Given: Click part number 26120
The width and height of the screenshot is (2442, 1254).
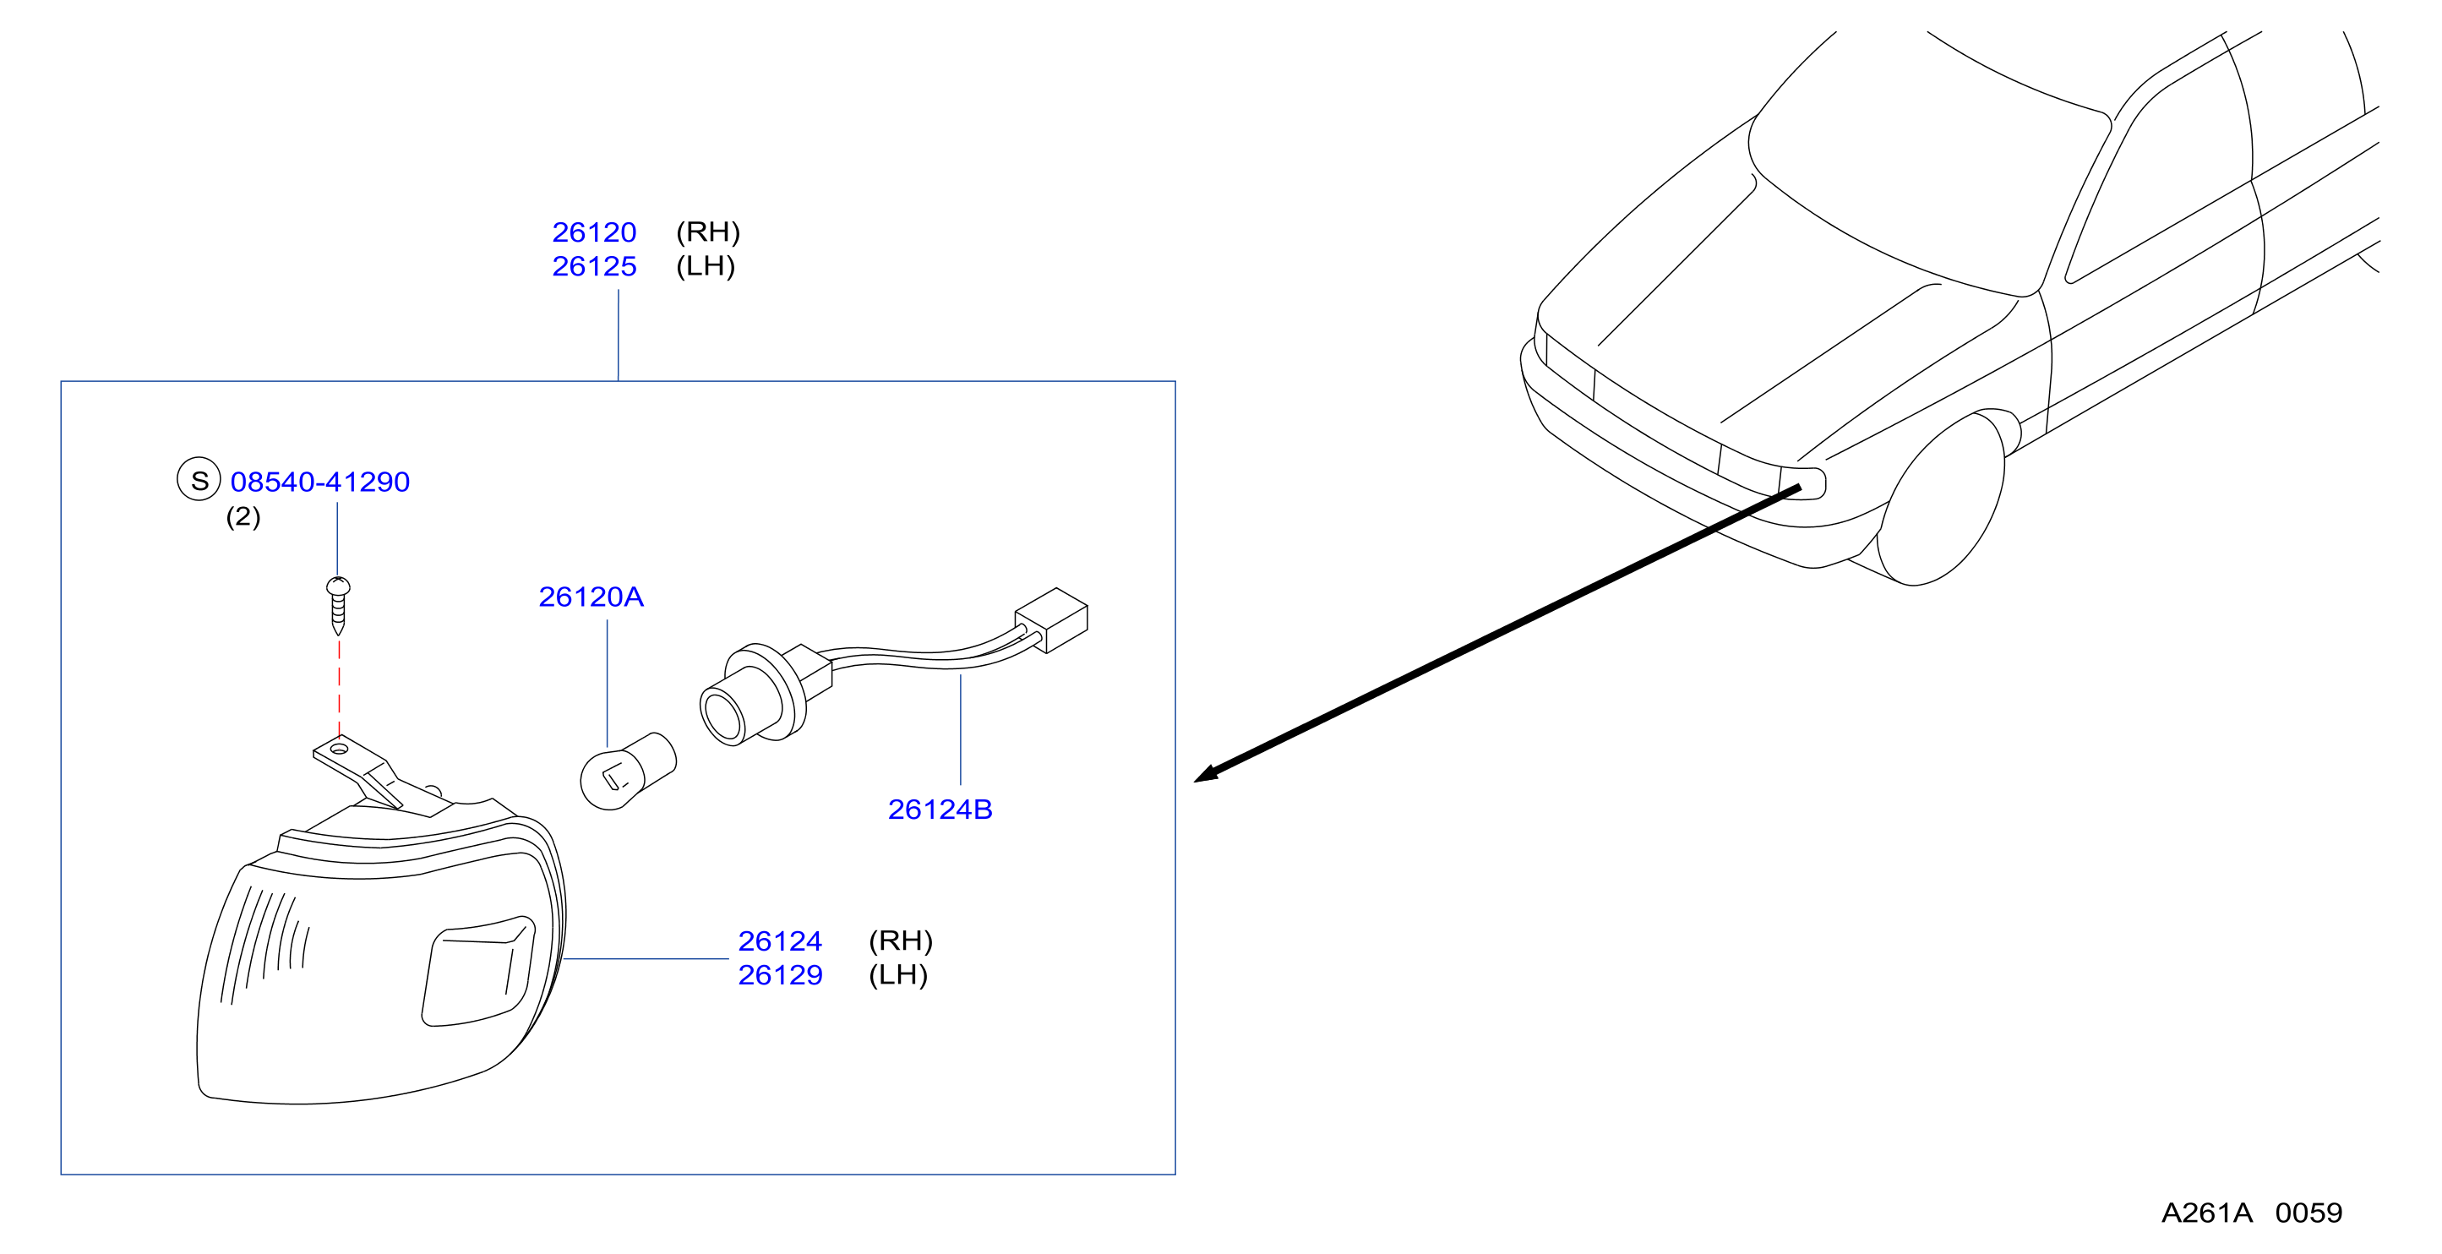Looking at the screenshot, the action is (594, 232).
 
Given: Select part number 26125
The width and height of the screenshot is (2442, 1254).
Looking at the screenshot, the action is (594, 266).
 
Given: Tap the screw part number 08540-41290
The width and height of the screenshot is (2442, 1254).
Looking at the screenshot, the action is (320, 482).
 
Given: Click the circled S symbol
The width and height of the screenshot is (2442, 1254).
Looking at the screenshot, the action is (199, 480).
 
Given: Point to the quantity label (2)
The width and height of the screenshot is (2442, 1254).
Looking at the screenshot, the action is (243, 516).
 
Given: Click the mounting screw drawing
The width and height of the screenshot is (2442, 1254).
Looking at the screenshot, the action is (339, 606).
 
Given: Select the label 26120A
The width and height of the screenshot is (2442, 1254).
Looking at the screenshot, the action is (591, 597).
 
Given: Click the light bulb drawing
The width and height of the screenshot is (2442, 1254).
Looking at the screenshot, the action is (628, 771).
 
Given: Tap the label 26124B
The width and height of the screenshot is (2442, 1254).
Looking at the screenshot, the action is (940, 810).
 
